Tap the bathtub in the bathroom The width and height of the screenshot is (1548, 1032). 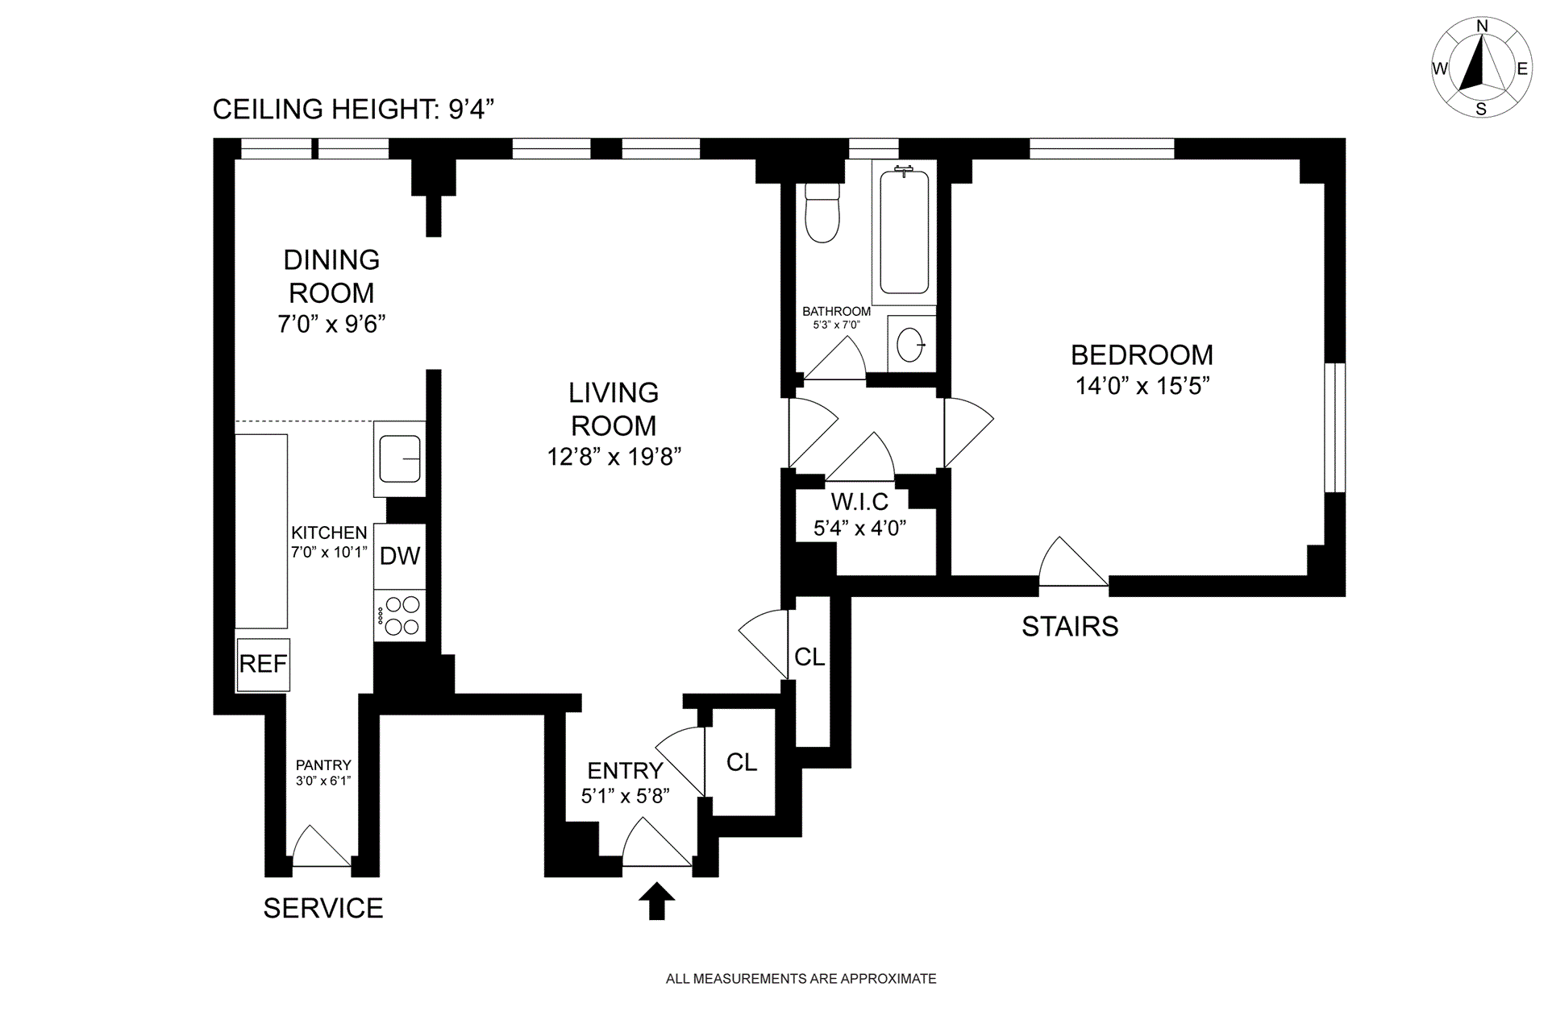(904, 232)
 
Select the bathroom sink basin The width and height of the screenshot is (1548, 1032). (911, 345)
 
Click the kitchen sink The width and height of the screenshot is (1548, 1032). (400, 458)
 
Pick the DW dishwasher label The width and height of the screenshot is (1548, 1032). (400, 556)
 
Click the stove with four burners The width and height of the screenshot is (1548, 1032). (400, 615)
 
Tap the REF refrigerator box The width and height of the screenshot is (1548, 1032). (263, 664)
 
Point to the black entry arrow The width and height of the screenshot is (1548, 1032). (657, 900)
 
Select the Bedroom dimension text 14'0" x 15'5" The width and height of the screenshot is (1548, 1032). (1142, 386)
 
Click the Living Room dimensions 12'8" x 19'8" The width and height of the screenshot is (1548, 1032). (614, 457)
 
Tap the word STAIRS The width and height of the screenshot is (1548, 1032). (1070, 627)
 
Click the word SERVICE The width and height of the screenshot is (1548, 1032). (323, 908)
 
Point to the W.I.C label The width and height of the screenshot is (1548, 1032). (859, 502)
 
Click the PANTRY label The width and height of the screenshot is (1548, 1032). (323, 765)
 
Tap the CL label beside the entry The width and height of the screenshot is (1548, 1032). (742, 762)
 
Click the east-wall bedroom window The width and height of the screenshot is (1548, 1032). (1335, 427)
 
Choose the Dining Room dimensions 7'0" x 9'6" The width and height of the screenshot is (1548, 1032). (331, 324)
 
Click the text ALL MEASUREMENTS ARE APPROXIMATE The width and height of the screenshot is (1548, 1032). (801, 979)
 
